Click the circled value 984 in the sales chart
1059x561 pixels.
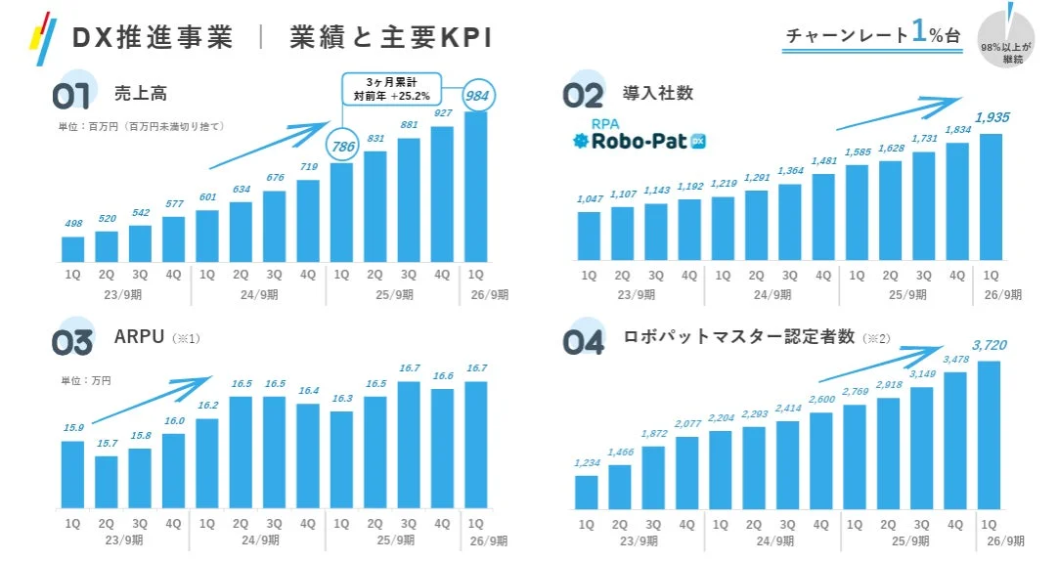[x=481, y=96]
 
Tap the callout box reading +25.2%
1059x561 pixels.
[x=391, y=89]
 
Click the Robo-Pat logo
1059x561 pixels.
[x=640, y=137]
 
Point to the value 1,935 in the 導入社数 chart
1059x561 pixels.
[x=992, y=117]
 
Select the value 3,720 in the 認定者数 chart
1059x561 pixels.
[x=990, y=345]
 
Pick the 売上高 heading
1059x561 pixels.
[x=140, y=94]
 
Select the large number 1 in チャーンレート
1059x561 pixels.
[x=919, y=31]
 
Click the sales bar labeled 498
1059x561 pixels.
[x=73, y=249]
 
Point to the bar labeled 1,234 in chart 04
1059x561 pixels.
[x=587, y=492]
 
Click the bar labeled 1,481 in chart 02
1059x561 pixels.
[x=823, y=217]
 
